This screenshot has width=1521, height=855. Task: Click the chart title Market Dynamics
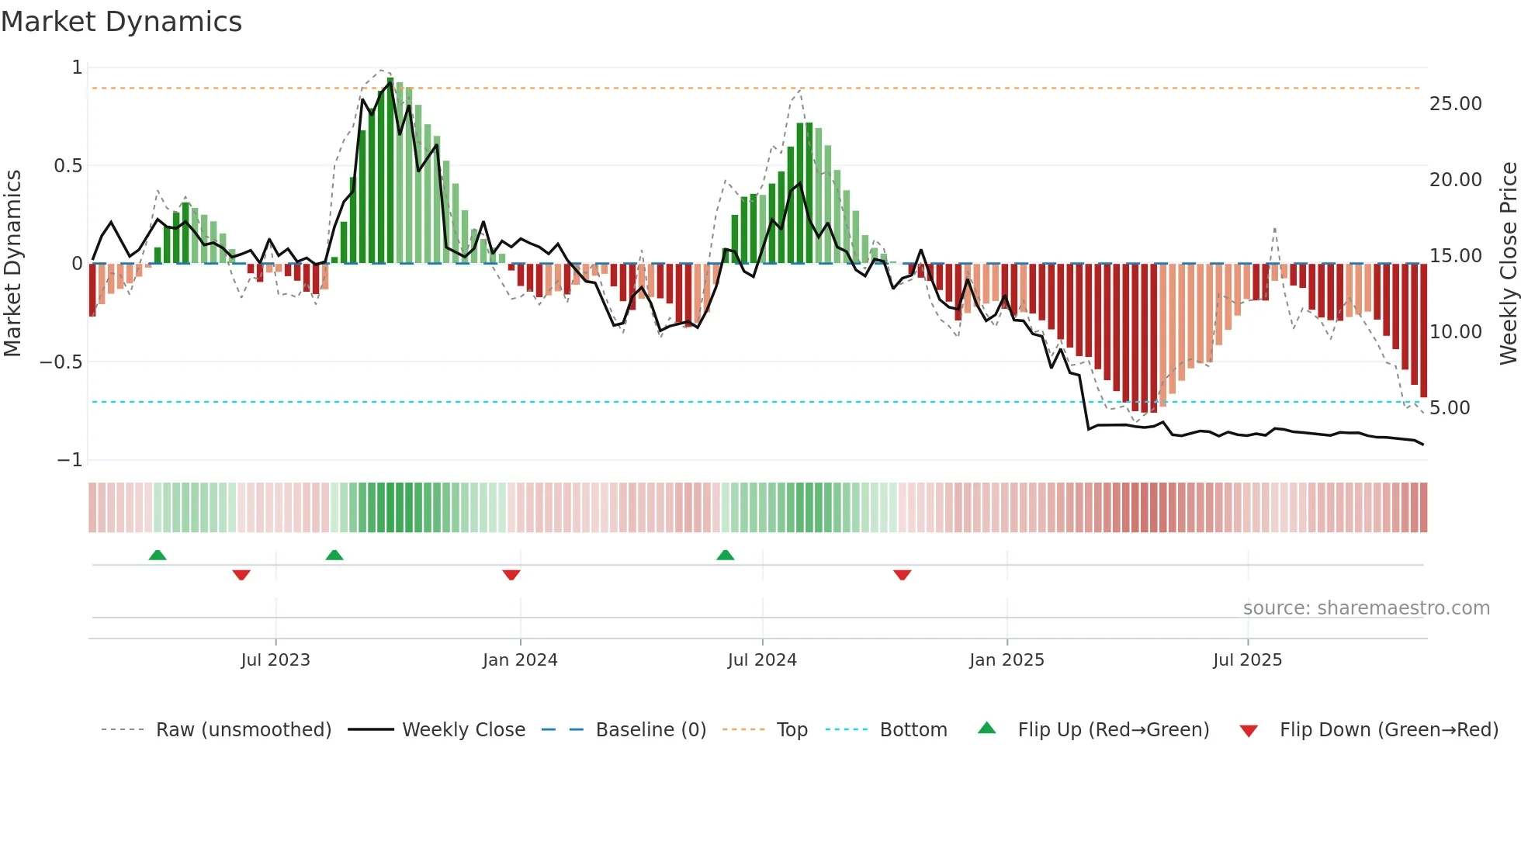(x=121, y=22)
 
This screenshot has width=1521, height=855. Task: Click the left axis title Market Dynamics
(x=12, y=263)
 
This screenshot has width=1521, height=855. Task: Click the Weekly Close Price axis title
(x=1508, y=263)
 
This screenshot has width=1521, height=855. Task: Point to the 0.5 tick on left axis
(x=68, y=165)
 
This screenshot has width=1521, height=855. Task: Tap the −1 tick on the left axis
(x=70, y=460)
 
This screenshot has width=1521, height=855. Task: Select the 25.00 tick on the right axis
(x=1455, y=104)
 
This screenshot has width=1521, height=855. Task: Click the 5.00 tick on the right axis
(x=1449, y=408)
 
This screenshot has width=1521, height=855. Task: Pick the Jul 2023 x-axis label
(x=275, y=660)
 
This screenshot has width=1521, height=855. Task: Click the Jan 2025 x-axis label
(x=1006, y=660)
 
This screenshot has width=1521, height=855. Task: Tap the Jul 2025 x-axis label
(x=1247, y=660)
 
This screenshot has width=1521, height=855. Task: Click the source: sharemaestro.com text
(x=1366, y=608)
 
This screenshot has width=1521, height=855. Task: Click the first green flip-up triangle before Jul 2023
(x=158, y=555)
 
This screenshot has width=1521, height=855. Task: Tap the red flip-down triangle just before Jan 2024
(x=511, y=575)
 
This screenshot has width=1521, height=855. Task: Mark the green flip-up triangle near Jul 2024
(x=726, y=555)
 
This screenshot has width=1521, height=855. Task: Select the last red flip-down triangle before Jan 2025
(x=902, y=575)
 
